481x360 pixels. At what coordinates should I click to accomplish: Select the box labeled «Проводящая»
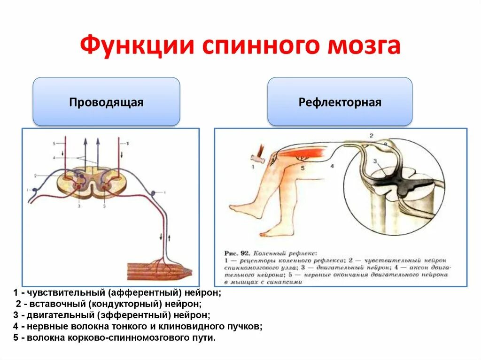point(106,102)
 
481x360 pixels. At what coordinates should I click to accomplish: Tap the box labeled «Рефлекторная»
point(340,102)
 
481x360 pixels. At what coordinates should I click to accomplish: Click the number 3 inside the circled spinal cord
point(375,161)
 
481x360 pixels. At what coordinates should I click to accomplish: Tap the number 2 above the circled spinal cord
point(371,136)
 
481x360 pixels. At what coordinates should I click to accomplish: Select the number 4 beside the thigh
point(332,166)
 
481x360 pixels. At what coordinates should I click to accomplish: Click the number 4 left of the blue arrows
point(54,157)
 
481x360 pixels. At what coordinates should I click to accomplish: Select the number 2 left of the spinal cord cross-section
point(35,176)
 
